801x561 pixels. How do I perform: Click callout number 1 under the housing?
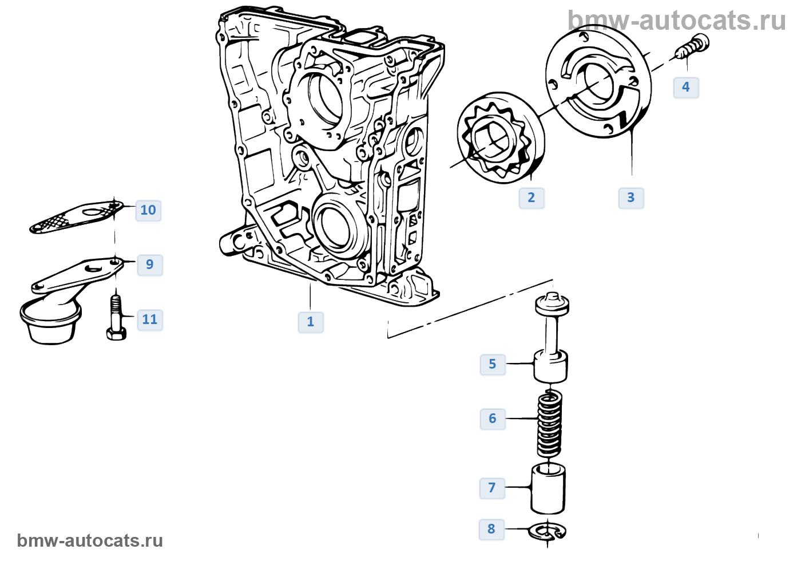(x=310, y=322)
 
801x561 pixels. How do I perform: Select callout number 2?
(x=532, y=198)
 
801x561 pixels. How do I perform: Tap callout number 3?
(x=631, y=198)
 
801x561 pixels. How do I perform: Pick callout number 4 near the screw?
(x=686, y=87)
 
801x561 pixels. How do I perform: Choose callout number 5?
(x=493, y=364)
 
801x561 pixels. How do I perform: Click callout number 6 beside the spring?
(x=493, y=418)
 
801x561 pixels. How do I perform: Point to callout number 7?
(x=492, y=488)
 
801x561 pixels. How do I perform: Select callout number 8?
(x=491, y=529)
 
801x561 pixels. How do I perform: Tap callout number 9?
(x=150, y=264)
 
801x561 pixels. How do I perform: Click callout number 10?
(x=148, y=211)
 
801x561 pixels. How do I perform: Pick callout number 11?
(x=150, y=320)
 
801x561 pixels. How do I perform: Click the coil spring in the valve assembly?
(x=550, y=424)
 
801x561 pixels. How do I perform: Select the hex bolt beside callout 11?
(x=116, y=317)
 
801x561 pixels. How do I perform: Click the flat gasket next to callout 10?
(x=77, y=217)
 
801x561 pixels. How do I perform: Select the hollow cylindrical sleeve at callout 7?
(x=548, y=489)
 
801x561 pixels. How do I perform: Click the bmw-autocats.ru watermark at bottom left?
(x=90, y=540)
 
